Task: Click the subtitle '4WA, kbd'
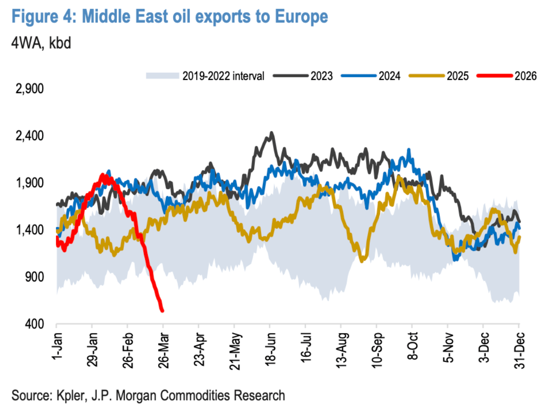pos(41,43)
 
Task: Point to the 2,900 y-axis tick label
pos(30,89)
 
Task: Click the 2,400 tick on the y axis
pos(30,136)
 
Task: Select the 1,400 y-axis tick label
pos(30,230)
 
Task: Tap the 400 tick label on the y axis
pos(34,324)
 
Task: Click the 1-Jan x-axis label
pos(57,346)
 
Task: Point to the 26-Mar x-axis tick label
pos(164,350)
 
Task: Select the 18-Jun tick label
pos(270,350)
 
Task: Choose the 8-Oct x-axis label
pos(413,346)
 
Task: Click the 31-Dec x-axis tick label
pos(520,350)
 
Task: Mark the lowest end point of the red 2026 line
pos(162,311)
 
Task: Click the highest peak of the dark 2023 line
pos(272,133)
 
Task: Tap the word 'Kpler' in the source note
pos(70,396)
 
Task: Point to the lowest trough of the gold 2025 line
pos(362,261)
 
